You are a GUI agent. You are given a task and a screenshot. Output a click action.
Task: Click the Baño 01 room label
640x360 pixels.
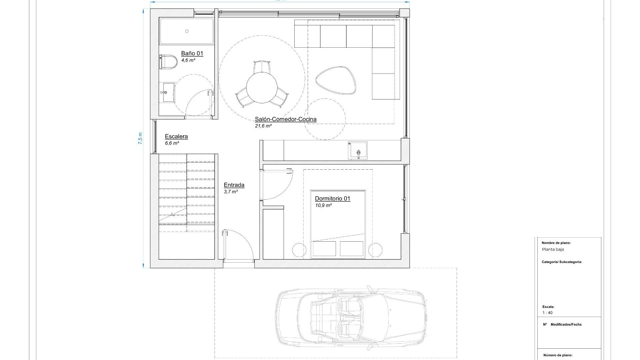click(x=192, y=53)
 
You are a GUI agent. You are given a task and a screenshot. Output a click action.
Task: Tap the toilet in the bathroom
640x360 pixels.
click(x=169, y=63)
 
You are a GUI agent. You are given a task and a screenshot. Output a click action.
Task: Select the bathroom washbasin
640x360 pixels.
click(x=167, y=92)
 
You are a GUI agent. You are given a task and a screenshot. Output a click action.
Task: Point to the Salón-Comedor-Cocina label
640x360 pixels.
click(x=286, y=119)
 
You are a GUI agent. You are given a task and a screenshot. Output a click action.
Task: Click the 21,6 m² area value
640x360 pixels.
click(x=263, y=126)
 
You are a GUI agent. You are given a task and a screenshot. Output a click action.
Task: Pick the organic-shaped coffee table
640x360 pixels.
click(x=336, y=80)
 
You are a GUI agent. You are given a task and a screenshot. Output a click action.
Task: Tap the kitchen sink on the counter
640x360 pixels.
click(x=358, y=151)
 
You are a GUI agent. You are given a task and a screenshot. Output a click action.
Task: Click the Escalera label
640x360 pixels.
click(x=176, y=136)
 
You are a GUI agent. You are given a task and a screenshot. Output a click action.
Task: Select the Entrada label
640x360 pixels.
click(x=234, y=185)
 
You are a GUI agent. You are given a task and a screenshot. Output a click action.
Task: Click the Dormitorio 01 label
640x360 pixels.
click(x=332, y=199)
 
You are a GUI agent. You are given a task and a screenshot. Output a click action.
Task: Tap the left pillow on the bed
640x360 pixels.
click(x=324, y=249)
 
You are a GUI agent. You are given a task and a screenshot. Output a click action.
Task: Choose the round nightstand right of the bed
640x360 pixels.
click(x=375, y=250)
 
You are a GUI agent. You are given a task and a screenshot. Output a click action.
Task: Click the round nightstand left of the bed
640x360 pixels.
click(x=299, y=250)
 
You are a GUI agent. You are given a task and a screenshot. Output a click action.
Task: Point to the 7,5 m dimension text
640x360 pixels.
click(x=140, y=138)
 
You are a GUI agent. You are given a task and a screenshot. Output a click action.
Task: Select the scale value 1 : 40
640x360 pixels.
click(x=547, y=313)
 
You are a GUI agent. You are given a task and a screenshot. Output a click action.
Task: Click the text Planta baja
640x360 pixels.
click(x=553, y=249)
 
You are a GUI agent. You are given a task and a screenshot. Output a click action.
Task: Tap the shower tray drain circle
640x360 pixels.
click(x=187, y=31)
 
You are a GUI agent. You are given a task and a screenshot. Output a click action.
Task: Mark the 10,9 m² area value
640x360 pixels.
click(x=323, y=205)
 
